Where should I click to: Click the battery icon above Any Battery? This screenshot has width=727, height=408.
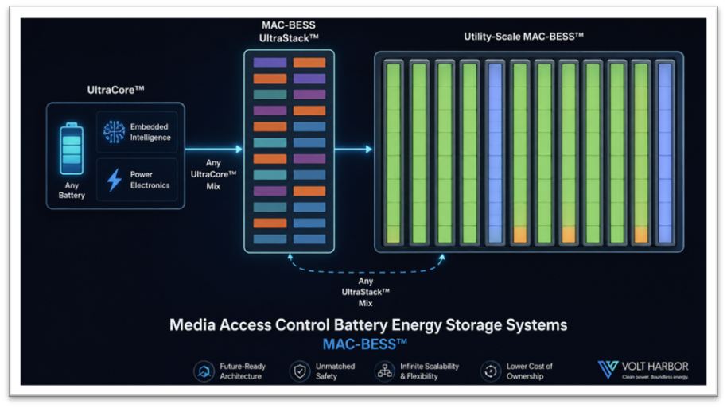(72, 149)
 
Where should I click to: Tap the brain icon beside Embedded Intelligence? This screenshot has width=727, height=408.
(114, 132)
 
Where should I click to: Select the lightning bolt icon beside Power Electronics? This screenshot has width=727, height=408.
(114, 180)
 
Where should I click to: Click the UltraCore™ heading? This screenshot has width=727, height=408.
(115, 90)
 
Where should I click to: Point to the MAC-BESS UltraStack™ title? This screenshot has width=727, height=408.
(289, 32)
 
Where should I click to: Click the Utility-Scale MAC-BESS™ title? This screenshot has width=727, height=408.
(523, 37)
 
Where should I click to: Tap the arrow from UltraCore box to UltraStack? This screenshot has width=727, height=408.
(214, 149)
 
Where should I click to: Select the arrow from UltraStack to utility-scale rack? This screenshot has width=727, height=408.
(353, 149)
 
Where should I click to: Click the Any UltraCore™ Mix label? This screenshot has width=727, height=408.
(213, 174)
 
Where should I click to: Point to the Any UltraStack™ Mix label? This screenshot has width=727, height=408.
(365, 292)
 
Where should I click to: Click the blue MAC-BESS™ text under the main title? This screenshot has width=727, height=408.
(365, 344)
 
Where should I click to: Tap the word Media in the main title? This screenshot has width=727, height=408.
(192, 325)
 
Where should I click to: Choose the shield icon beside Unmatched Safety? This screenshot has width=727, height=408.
(300, 371)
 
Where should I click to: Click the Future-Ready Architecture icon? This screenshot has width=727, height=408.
(204, 371)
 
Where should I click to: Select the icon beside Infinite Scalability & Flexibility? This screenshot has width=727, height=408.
(384, 371)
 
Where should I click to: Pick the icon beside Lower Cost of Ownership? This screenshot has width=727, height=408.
(491, 371)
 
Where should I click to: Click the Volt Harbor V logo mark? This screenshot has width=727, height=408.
(608, 369)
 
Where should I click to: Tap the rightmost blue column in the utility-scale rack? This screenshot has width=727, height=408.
(665, 153)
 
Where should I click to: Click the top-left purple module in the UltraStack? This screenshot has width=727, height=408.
(270, 63)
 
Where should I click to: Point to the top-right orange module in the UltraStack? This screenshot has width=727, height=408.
(309, 63)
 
